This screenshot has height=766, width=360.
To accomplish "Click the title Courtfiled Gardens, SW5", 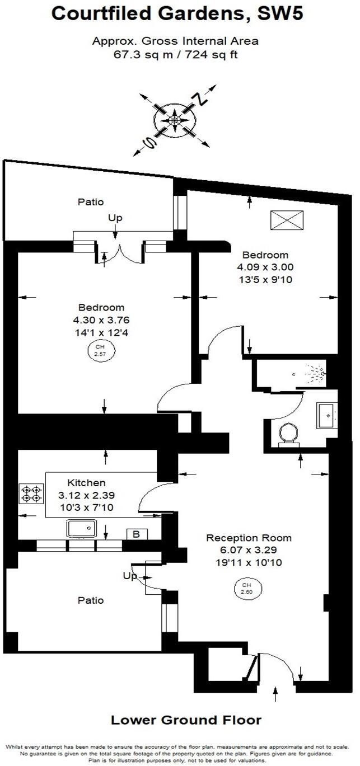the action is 177,13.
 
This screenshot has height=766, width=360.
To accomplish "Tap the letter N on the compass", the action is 200,99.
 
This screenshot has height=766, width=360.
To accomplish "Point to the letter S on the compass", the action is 150,142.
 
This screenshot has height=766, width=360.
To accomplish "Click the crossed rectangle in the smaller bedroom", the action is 287,220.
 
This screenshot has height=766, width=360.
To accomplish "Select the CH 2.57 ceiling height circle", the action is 100,350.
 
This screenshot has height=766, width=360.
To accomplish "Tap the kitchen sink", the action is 81,528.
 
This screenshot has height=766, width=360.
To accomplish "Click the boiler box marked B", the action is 137,534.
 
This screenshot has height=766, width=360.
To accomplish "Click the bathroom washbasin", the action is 326,416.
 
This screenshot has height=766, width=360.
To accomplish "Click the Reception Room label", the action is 249,538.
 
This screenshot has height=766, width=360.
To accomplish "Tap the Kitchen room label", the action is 86,482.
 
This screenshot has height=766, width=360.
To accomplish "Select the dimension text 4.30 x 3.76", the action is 101,320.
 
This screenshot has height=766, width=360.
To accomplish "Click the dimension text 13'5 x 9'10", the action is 265,280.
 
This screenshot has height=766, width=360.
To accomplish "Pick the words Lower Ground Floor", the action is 186,720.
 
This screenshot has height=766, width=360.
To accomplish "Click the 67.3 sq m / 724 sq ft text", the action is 176,55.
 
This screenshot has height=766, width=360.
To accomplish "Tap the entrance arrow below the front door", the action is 275,693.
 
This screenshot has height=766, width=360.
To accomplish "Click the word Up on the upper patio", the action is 115,218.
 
